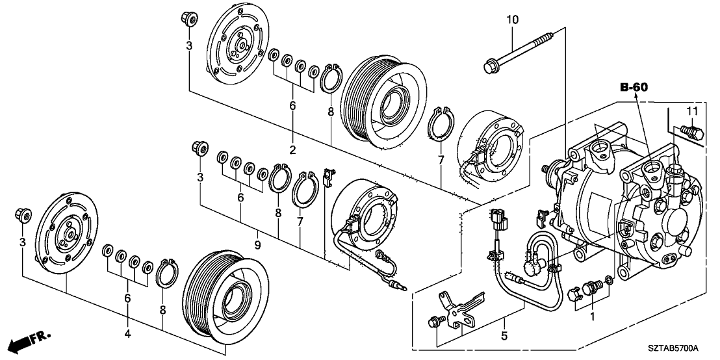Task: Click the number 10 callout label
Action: coord(513,20)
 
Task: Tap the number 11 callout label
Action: coord(693,112)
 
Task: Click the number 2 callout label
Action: coord(293,149)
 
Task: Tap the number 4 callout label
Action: coord(127,334)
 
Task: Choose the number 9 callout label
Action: coord(258,245)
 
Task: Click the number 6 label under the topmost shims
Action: coord(292,105)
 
